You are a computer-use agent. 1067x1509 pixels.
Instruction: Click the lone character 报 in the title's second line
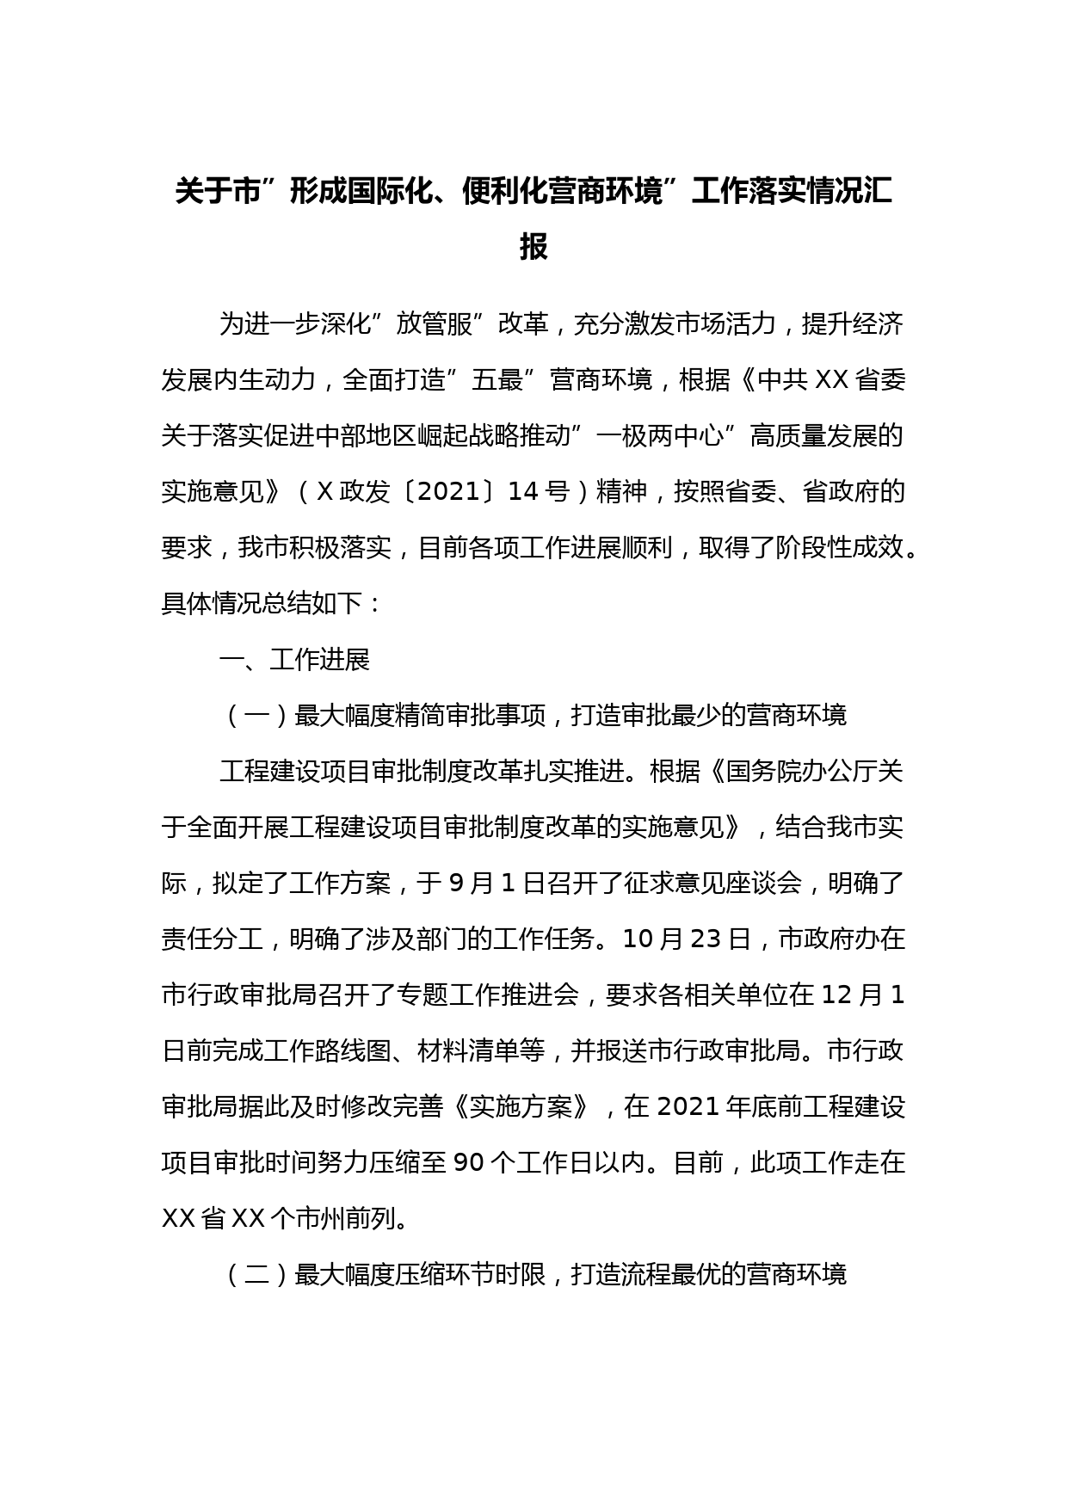click(533, 247)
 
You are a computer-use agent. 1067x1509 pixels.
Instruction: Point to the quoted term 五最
click(497, 380)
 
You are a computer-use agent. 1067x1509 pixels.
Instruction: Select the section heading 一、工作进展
click(295, 660)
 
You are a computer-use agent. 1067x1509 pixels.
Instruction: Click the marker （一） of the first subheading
click(256, 716)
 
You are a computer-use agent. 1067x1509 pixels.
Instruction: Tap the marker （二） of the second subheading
click(256, 1274)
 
